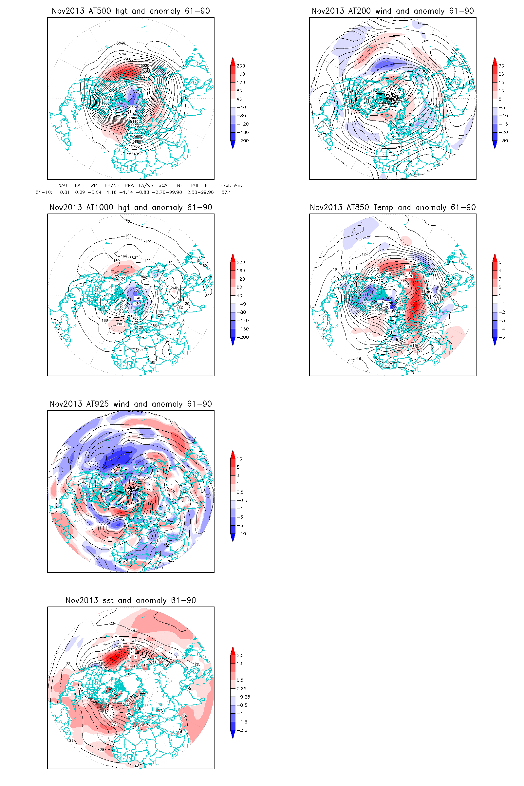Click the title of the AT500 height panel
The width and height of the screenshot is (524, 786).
coord(131,11)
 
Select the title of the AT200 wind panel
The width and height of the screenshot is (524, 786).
coord(393,11)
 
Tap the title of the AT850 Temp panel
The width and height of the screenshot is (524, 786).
coord(393,208)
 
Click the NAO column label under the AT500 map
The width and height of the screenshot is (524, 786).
coord(63,185)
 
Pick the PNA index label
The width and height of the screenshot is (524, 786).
coord(129,185)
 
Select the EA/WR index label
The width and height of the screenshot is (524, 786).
coord(146,185)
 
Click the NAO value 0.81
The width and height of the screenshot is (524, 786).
coord(65,192)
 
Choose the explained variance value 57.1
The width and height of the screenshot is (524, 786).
coord(226,192)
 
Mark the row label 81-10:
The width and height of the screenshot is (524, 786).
coord(44,192)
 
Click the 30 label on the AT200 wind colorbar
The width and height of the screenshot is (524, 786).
coord(501,66)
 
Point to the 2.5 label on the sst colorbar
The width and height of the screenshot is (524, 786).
coord(240,655)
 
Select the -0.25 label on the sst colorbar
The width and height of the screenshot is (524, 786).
coord(244,697)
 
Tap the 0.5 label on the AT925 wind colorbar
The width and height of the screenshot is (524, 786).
coord(240,492)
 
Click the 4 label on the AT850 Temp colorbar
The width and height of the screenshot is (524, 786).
coord(500,271)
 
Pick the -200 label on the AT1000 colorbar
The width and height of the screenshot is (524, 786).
coord(243,337)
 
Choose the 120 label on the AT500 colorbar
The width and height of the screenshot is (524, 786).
coord(241,83)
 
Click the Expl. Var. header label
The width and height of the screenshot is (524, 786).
coord(231,185)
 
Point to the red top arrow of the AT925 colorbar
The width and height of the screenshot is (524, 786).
coord(233,454)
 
